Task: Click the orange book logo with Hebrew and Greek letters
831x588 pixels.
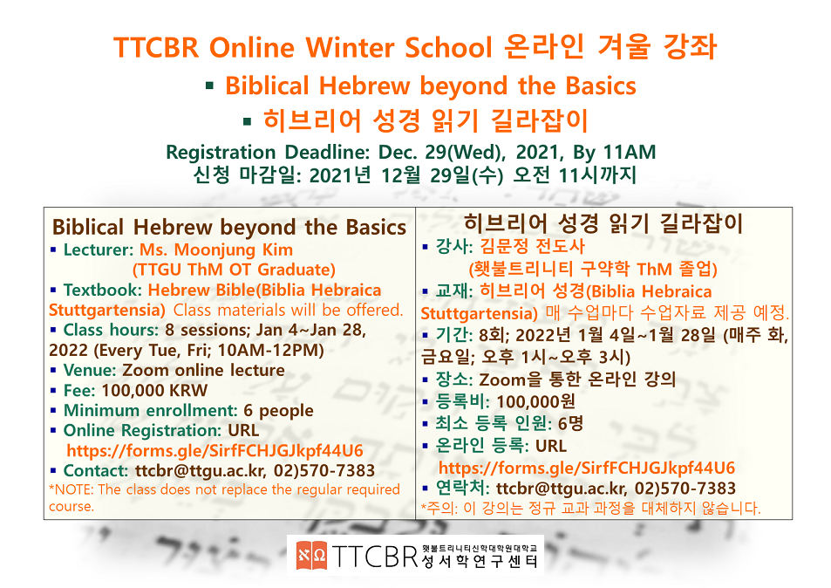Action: point(311,555)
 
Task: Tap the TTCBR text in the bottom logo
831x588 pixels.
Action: point(375,556)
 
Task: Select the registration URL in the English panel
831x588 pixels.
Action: point(215,451)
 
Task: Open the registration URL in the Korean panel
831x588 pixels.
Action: point(587,468)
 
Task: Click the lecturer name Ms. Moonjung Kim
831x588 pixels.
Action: point(216,250)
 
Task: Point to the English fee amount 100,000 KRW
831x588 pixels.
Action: point(154,390)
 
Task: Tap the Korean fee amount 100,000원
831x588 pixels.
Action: point(536,401)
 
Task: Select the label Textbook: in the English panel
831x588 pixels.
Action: point(103,290)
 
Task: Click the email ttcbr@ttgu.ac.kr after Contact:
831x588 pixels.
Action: point(201,471)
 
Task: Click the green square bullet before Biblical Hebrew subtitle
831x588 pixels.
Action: point(210,85)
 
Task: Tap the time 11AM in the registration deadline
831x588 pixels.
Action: point(630,152)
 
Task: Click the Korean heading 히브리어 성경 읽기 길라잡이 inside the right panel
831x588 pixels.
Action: point(603,223)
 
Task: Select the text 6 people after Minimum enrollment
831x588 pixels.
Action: point(278,411)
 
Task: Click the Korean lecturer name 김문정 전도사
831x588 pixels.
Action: point(533,246)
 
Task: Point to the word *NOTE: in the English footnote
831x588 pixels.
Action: point(72,489)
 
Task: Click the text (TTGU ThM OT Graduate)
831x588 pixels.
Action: point(234,270)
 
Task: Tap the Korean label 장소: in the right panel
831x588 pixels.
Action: point(454,379)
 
